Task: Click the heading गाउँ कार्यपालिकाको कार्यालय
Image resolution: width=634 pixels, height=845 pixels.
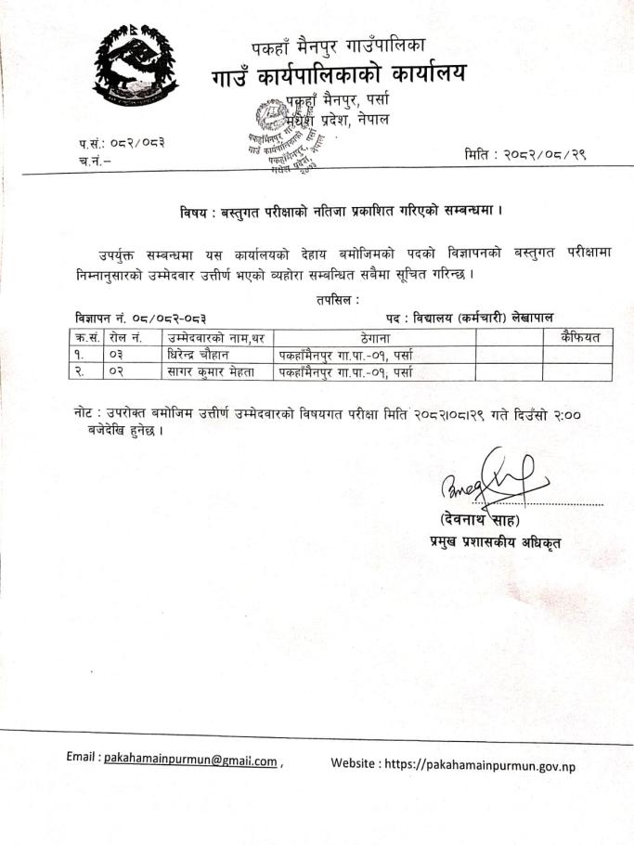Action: click(339, 72)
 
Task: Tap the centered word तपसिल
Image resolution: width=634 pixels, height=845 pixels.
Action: click(338, 300)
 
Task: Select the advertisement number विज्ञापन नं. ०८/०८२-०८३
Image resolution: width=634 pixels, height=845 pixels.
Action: click(140, 318)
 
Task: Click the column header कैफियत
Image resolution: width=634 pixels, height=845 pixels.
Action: click(577, 337)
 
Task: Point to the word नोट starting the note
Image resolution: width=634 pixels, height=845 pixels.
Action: click(87, 411)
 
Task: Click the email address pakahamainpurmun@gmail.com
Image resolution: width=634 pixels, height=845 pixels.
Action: click(190, 760)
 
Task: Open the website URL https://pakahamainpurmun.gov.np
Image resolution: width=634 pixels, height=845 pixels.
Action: click(488, 763)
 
